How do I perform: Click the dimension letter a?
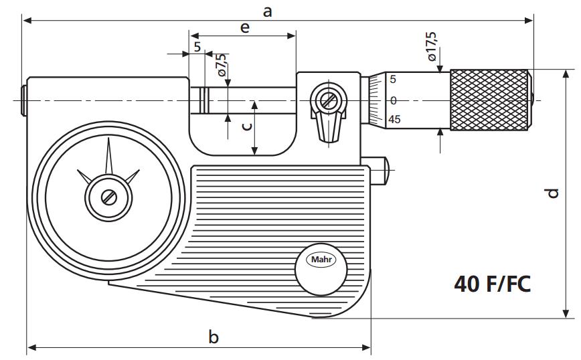[x=268, y=11]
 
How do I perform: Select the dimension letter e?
[x=244, y=27]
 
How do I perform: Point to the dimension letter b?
[x=214, y=337]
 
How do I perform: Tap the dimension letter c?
[x=247, y=126]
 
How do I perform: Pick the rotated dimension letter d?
[x=552, y=193]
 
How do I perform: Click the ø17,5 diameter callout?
[x=432, y=46]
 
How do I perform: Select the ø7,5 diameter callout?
[x=221, y=65]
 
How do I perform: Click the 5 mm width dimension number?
[x=197, y=47]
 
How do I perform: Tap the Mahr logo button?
[x=321, y=260]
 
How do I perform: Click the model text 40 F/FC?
[x=492, y=284]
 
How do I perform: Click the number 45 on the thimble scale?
[x=394, y=120]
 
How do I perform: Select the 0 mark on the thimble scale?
[x=394, y=100]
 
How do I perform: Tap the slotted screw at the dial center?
[x=108, y=197]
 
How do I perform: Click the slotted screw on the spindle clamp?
[x=328, y=101]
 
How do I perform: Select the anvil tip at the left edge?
[x=24, y=100]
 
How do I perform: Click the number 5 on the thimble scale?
[x=394, y=80]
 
